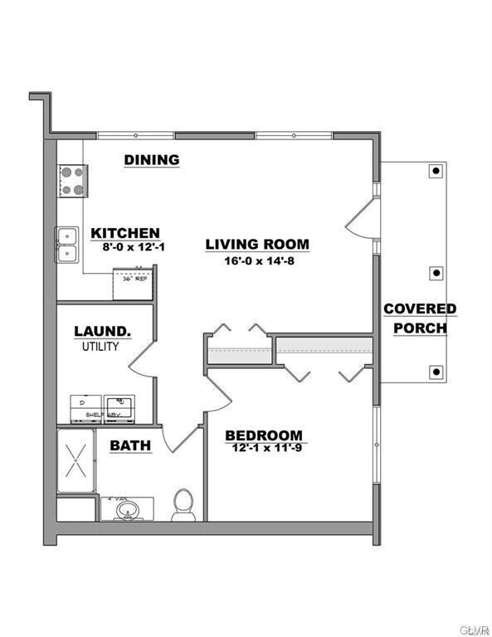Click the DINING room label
tap(152, 160)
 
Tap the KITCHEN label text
tap(125, 233)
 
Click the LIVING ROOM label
tap(257, 244)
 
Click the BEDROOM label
tap(264, 435)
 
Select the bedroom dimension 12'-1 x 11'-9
tap(264, 448)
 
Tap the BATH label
tap(131, 445)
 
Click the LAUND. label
tap(102, 332)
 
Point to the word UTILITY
tap(100, 346)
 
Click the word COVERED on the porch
tap(420, 309)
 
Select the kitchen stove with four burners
tap(73, 180)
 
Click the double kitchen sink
tap(67, 246)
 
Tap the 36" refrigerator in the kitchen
tap(131, 283)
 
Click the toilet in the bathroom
tap(183, 504)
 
